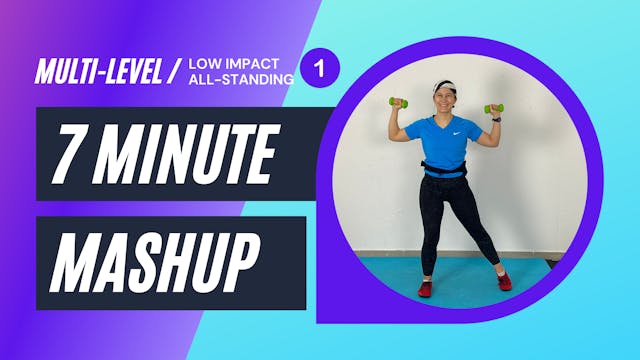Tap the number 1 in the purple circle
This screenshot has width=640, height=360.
pyautogui.click(x=320, y=68)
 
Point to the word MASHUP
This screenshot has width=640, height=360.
pyautogui.click(x=150, y=262)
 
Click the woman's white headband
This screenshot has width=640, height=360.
pyautogui.click(x=445, y=86)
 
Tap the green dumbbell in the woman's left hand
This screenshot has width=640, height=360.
pyautogui.click(x=494, y=108)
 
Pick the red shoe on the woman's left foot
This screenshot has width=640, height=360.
pyautogui.click(x=504, y=281)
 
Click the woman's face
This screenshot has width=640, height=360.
pyautogui.click(x=445, y=100)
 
